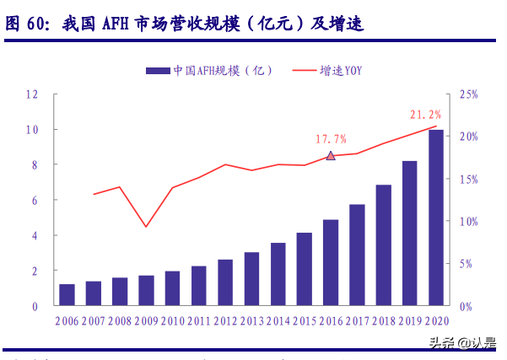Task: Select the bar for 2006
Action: (67, 295)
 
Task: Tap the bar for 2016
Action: (331, 263)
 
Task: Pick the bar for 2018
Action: (383, 245)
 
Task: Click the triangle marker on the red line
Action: (331, 156)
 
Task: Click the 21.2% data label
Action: (425, 114)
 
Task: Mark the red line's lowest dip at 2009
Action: (146, 227)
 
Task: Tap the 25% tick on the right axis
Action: (468, 94)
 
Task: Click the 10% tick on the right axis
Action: (468, 222)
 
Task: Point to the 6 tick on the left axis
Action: (35, 201)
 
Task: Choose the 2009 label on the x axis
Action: (146, 321)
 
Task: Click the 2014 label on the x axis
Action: (278, 321)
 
